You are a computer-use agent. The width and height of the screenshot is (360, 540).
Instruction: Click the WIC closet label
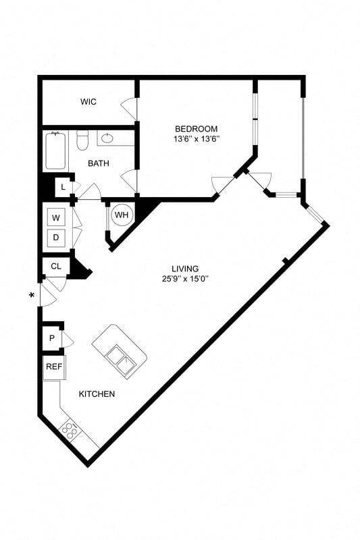[88, 102]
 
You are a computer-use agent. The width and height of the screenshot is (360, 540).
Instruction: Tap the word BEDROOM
[196, 129]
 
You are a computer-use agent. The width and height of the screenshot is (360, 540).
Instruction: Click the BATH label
[99, 163]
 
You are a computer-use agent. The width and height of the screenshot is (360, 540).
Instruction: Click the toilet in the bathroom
[82, 140]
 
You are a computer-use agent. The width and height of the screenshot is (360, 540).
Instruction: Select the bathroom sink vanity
[116, 138]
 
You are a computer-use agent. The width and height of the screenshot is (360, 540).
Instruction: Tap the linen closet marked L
[63, 186]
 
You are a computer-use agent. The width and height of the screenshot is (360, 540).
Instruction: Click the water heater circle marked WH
[122, 215]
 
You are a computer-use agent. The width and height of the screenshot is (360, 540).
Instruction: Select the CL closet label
[56, 266]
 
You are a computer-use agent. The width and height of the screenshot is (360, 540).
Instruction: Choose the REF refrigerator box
[53, 367]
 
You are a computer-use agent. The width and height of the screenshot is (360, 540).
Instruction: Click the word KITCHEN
[97, 394]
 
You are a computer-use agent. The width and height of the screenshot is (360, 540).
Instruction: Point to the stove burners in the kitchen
[70, 429]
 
